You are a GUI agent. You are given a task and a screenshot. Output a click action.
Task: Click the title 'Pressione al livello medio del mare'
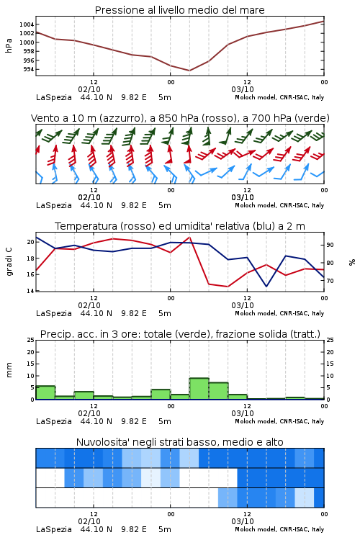(179, 10)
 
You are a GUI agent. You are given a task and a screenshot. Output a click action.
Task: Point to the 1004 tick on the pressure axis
(27, 24)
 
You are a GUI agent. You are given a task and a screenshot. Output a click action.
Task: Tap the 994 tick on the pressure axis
(29, 69)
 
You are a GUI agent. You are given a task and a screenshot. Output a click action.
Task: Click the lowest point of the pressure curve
(189, 71)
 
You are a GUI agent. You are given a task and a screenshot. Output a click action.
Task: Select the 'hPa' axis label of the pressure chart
(9, 45)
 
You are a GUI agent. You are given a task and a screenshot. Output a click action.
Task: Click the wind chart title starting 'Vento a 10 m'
(180, 118)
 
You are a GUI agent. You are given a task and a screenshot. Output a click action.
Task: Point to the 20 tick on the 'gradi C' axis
(31, 242)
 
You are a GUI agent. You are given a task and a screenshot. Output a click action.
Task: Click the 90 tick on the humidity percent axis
(330, 245)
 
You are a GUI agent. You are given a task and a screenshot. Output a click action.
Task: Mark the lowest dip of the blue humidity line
(266, 286)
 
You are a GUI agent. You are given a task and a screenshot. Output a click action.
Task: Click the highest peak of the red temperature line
(189, 237)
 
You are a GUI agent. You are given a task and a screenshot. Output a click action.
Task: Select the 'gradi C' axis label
(9, 262)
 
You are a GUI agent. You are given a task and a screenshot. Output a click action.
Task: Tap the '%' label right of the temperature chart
(352, 262)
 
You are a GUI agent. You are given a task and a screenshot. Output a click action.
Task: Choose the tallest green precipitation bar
(199, 389)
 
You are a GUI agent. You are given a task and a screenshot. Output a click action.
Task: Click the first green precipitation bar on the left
(45, 392)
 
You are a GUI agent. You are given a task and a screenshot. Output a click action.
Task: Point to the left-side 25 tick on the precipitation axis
(31, 340)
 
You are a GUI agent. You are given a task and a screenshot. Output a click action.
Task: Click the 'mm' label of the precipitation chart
(9, 370)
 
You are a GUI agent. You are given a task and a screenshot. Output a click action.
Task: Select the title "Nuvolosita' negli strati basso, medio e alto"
(179, 442)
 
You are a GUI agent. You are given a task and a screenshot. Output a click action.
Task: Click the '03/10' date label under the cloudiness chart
(243, 521)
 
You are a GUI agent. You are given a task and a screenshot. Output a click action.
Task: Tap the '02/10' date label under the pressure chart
(89, 89)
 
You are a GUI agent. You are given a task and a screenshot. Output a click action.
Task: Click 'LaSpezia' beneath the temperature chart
(54, 313)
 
